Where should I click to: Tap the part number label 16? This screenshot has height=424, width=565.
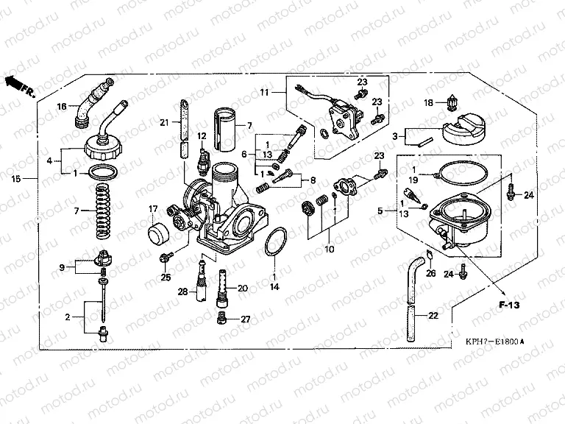tap(63, 107)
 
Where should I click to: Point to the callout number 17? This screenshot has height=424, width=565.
tap(154, 208)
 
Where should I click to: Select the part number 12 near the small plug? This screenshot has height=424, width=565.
tap(202, 135)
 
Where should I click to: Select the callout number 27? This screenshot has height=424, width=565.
tap(246, 319)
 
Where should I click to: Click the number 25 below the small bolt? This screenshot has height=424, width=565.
tap(166, 277)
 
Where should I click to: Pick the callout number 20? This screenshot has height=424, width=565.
tap(243, 288)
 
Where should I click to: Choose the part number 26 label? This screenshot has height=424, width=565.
tap(431, 274)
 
